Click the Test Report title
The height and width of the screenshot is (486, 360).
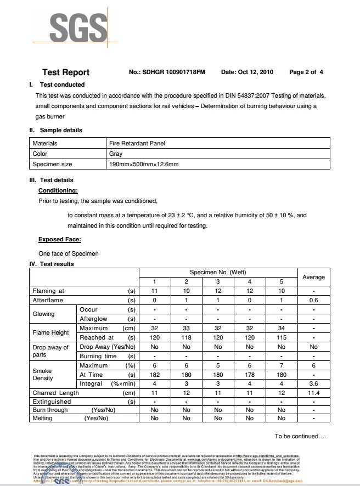click(x=66, y=72)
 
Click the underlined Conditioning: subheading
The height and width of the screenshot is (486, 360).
click(x=58, y=191)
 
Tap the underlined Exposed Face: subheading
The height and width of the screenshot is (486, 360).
click(x=60, y=239)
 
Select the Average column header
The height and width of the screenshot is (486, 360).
click(x=313, y=278)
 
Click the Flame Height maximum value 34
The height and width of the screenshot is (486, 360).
click(x=281, y=329)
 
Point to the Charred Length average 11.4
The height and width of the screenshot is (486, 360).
click(x=313, y=393)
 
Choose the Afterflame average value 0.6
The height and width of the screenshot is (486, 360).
click(x=313, y=301)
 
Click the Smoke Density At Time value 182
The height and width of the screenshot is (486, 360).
click(x=154, y=374)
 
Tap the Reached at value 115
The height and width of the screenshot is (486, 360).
click(x=281, y=338)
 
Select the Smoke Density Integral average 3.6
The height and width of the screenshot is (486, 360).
click(x=313, y=383)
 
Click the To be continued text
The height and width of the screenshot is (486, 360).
click(x=301, y=437)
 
